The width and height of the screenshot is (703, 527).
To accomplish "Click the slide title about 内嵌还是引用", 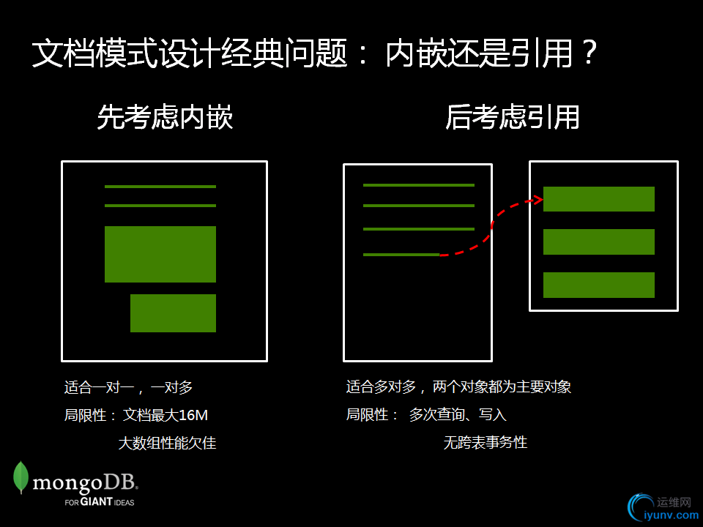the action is point(314,53).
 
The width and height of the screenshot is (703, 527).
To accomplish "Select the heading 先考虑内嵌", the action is point(165,117).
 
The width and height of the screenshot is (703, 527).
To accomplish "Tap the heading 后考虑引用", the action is point(513,117).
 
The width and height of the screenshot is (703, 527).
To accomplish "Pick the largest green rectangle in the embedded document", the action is point(160,254).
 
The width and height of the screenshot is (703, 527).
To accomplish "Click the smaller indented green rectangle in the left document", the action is point(173,313).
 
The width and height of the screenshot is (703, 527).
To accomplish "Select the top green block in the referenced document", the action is point(598,199).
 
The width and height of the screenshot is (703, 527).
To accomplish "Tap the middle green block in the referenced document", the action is point(598,242).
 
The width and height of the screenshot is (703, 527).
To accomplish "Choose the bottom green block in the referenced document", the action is point(598,285).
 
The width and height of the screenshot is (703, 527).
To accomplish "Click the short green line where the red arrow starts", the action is point(401,255).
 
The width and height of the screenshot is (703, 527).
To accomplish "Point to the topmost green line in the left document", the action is point(160,187).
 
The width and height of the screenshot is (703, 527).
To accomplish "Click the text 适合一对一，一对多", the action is point(128,387).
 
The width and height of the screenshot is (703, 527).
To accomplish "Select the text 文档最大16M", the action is point(165,415).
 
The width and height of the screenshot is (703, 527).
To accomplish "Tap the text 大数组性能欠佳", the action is point(167,444).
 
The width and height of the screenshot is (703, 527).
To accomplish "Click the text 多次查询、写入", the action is point(458,414).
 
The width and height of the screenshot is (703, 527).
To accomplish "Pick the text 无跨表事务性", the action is point(485,443).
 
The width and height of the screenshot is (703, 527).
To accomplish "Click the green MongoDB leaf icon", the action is point(21,477).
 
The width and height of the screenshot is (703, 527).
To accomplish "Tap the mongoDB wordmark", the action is point(85,483).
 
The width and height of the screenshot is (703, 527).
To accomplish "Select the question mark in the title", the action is point(590,53).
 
